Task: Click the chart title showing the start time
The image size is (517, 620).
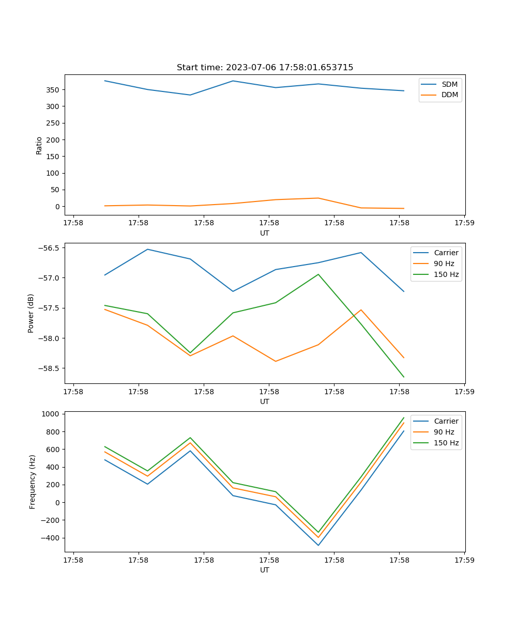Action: (265, 68)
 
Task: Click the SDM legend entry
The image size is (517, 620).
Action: (449, 84)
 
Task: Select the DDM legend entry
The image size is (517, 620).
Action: (449, 95)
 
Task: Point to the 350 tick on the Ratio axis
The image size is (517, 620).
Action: (54, 90)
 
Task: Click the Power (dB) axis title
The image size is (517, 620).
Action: (31, 313)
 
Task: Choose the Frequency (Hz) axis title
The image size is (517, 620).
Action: (32, 482)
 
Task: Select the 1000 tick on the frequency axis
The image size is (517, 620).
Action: (52, 414)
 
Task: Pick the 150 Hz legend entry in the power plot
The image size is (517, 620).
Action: (446, 274)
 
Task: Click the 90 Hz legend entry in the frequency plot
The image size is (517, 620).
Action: (444, 432)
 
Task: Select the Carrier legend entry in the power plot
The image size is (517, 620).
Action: (446, 253)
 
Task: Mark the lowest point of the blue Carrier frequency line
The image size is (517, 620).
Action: (318, 545)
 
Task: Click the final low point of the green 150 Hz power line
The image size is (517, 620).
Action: (404, 377)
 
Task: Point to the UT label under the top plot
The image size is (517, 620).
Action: (265, 233)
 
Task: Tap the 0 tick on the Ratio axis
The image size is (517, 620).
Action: (57, 207)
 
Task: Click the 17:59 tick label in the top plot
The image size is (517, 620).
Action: (464, 224)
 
